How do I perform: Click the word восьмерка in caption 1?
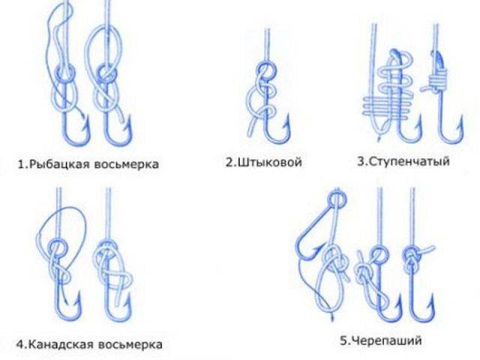[x=127, y=163]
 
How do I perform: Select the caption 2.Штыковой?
[x=263, y=162]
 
